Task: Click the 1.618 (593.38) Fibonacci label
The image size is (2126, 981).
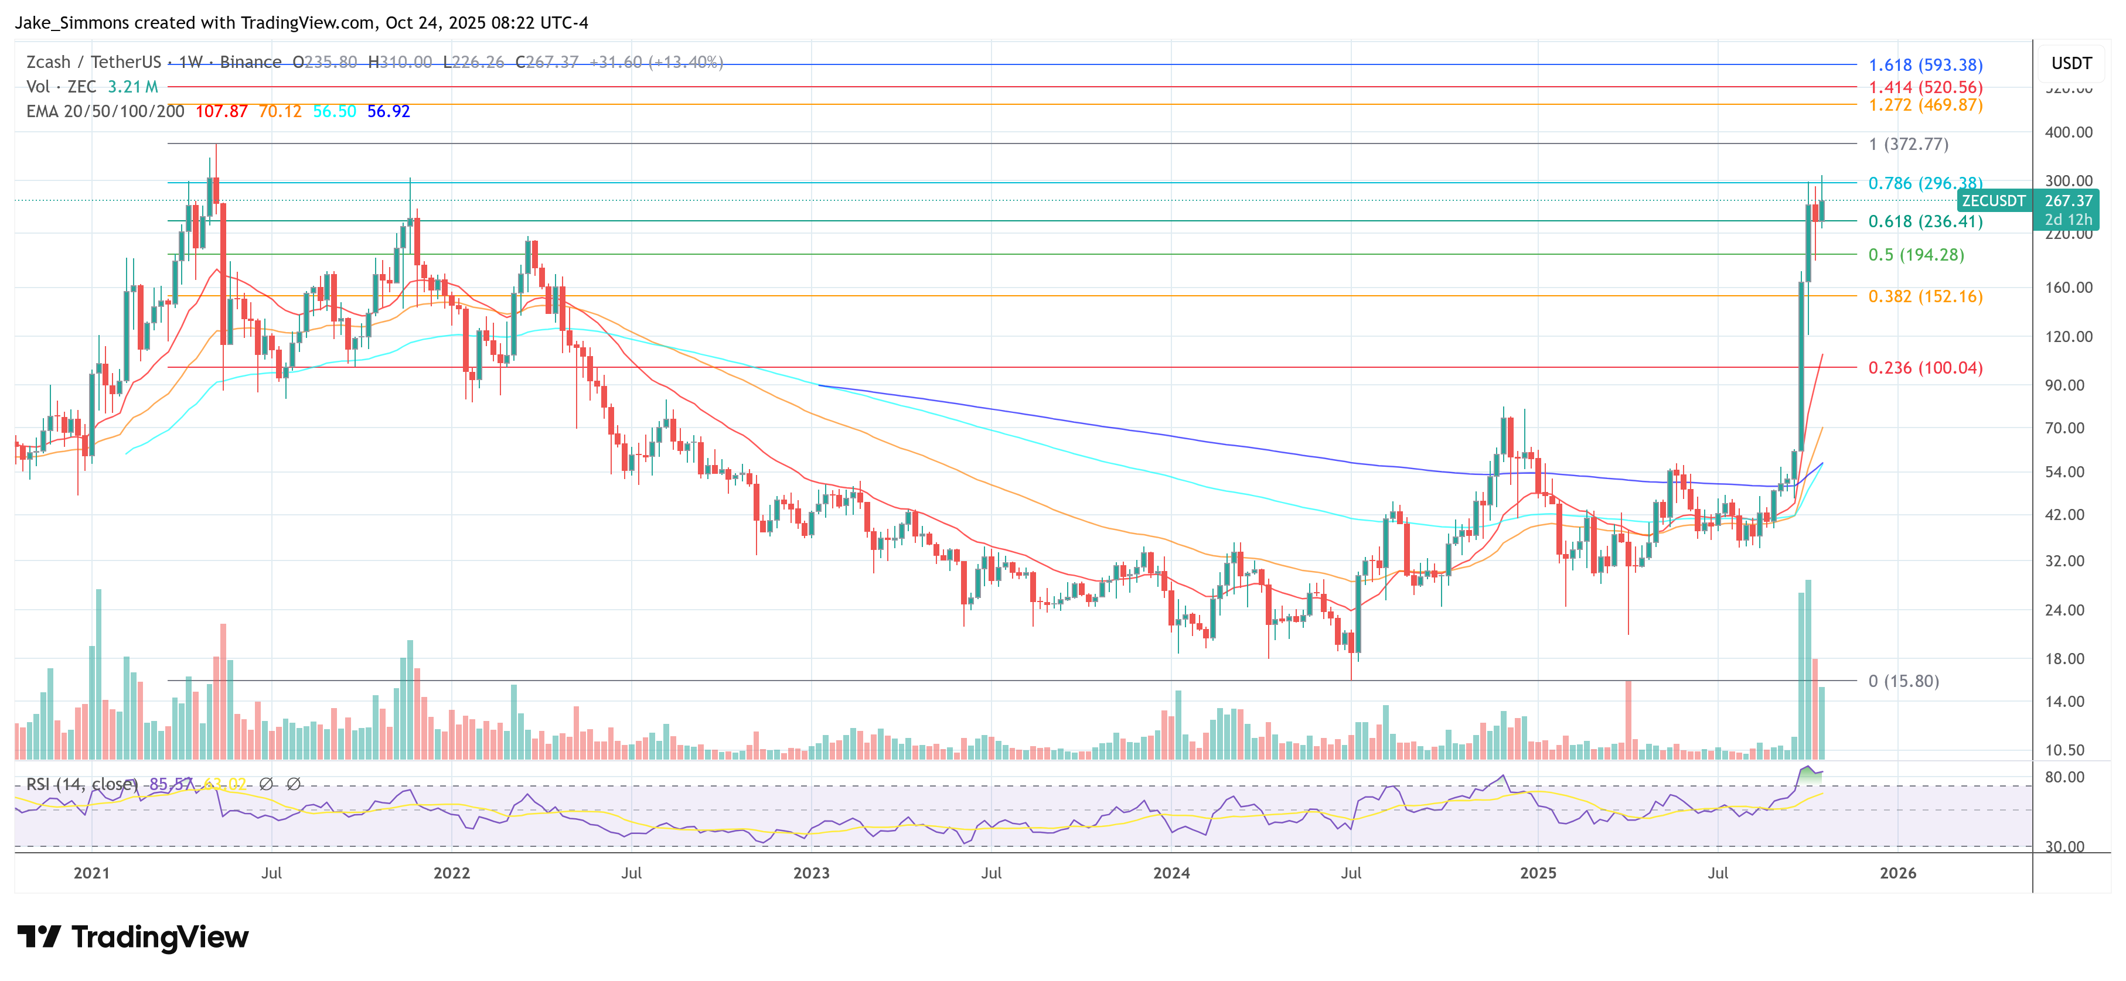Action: coord(1924,65)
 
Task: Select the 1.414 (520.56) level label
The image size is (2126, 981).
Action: coord(1924,87)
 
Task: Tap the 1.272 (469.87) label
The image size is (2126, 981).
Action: coord(1924,105)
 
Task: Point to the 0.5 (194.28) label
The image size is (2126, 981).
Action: coord(1916,255)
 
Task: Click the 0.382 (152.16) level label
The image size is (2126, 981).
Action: coord(1924,296)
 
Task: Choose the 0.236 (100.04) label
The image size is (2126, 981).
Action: coord(1924,368)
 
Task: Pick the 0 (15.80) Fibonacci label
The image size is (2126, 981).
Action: coord(1903,682)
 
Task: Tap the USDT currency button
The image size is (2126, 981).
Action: coord(2071,63)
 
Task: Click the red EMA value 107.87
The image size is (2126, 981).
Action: coord(221,111)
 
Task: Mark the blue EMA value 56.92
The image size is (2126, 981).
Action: coord(388,111)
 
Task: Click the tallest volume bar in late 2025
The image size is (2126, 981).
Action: coord(1808,668)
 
